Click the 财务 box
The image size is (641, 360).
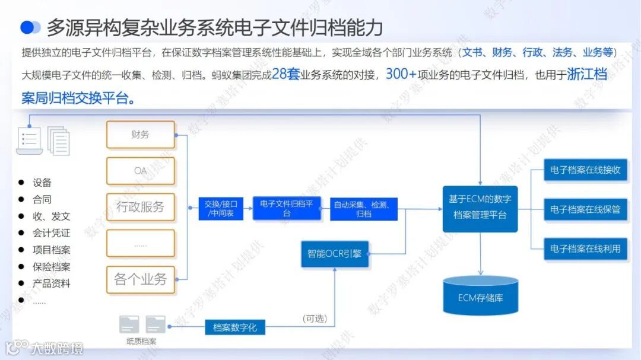click(x=140, y=135)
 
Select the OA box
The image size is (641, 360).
click(x=140, y=171)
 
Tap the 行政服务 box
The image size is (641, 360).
click(x=140, y=207)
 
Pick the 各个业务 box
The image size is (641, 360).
click(x=140, y=279)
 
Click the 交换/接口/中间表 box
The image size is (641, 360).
click(x=221, y=209)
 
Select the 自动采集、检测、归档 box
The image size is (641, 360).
click(x=363, y=209)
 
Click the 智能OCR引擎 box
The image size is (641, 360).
click(x=334, y=253)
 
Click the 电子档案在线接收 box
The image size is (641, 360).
click(x=585, y=170)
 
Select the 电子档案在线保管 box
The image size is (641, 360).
click(x=585, y=209)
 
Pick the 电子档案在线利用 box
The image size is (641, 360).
click(x=585, y=249)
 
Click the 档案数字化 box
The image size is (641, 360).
click(x=235, y=327)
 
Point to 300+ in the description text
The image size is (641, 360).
click(x=401, y=75)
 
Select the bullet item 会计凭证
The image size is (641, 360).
click(x=51, y=233)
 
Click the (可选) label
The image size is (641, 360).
click(x=315, y=318)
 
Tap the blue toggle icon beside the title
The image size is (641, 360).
click(x=30, y=27)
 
